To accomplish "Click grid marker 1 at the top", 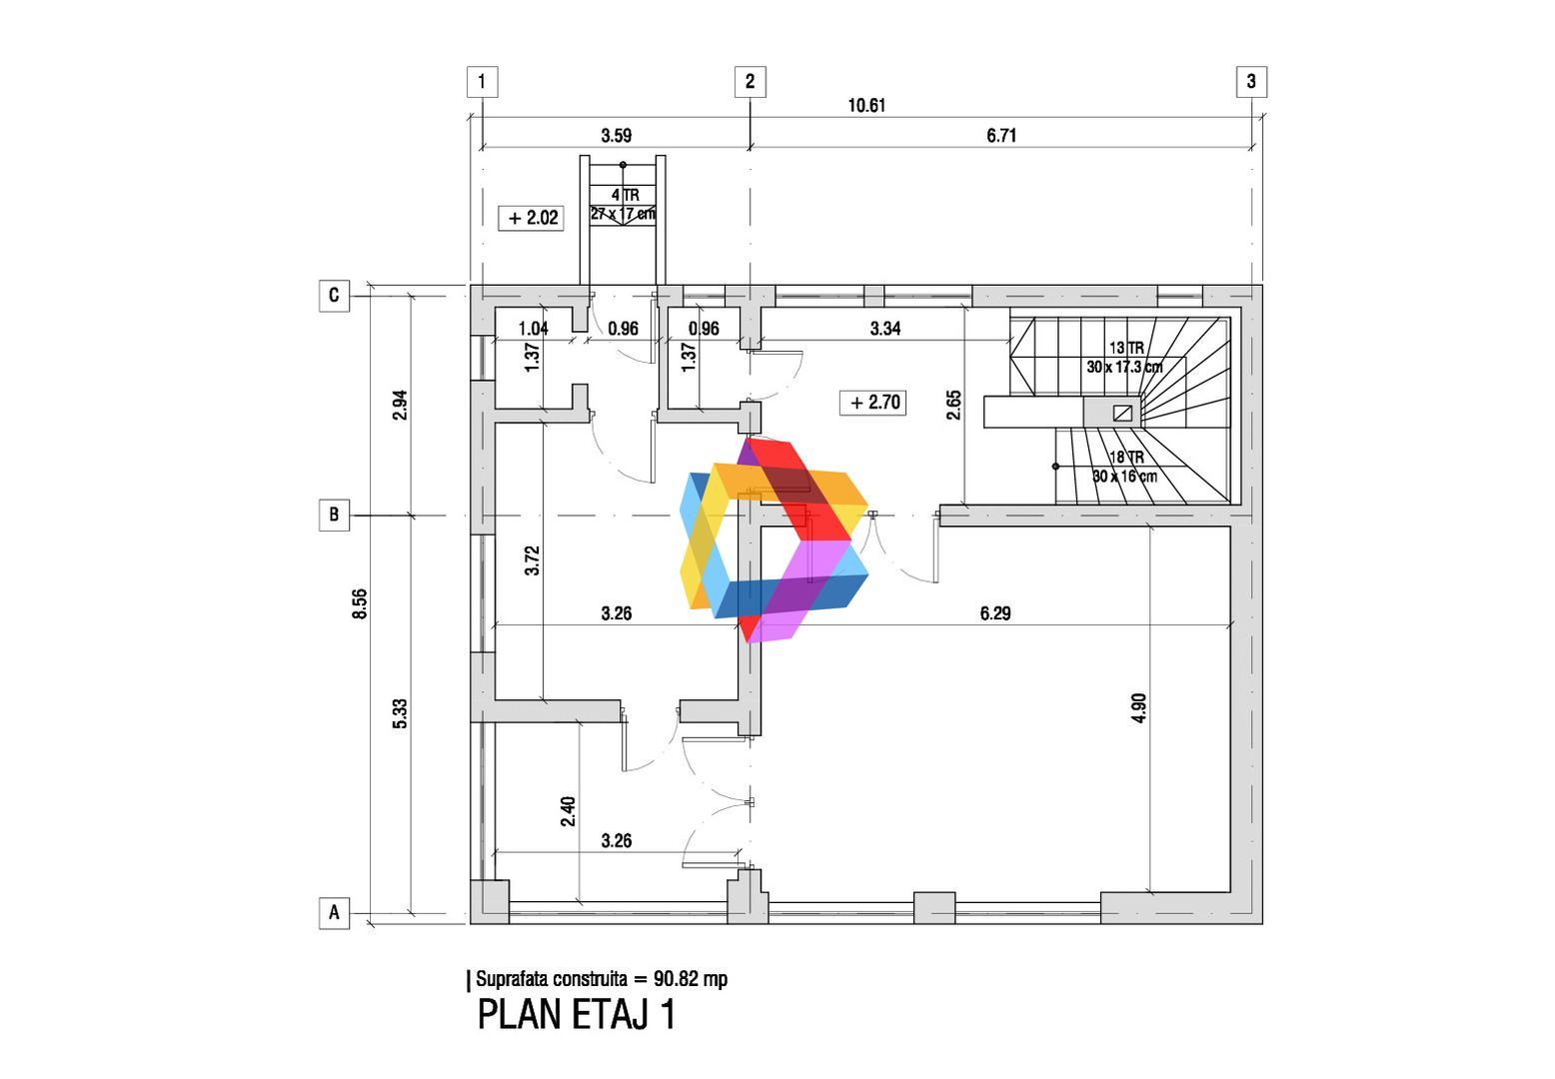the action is point(482,82).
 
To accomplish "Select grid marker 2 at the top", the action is point(750,82).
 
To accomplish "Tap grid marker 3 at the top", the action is point(1251,82).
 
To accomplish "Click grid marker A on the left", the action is point(334,913).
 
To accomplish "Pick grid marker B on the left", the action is point(334,515).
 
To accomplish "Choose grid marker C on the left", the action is point(334,296).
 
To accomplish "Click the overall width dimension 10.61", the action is point(866,106).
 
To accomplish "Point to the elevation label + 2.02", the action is point(531,218).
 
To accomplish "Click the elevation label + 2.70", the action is point(873,403).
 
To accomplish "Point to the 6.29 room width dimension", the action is point(995,613).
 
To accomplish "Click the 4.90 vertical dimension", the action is point(1139,707).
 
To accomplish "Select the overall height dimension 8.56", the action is point(360,603).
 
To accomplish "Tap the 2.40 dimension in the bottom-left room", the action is point(568,810).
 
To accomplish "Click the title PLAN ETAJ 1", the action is point(577,1014).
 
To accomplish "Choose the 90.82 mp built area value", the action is point(691,979).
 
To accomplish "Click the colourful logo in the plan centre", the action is point(775,539).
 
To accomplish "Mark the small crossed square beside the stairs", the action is point(1122,414).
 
